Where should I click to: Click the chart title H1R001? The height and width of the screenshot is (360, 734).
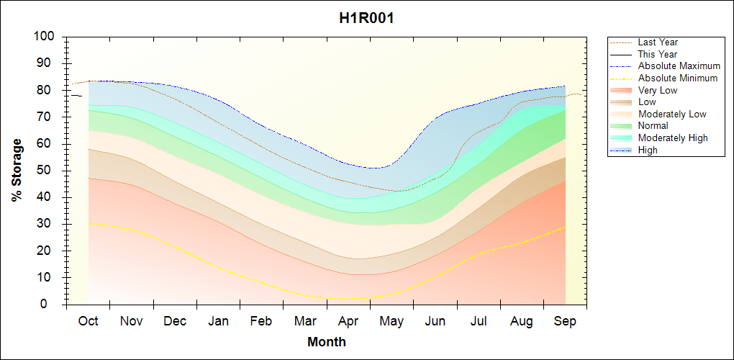coord(366,19)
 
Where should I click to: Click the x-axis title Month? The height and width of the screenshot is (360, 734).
coord(327,342)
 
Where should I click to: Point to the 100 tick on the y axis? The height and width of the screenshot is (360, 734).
coord(45,37)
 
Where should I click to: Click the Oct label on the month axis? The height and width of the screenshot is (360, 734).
coord(88,321)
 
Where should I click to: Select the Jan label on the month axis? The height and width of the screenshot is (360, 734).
coord(218,321)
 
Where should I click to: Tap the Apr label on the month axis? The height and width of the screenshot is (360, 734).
coord(348,321)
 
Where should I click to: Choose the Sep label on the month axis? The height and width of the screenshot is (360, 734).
coord(565,321)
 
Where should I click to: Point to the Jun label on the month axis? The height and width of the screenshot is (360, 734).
coord(435,321)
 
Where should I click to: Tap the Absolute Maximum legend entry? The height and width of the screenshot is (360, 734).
coord(679,66)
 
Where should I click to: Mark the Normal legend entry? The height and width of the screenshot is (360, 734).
coord(653,126)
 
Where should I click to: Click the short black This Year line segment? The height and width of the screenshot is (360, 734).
coord(76,96)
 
